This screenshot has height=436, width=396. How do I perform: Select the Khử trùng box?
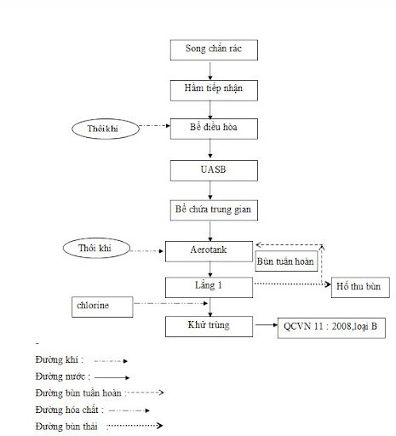tap(209, 325)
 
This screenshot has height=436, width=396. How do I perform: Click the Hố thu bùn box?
tap(360, 287)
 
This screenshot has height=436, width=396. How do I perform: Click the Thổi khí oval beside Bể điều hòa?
tap(105, 129)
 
